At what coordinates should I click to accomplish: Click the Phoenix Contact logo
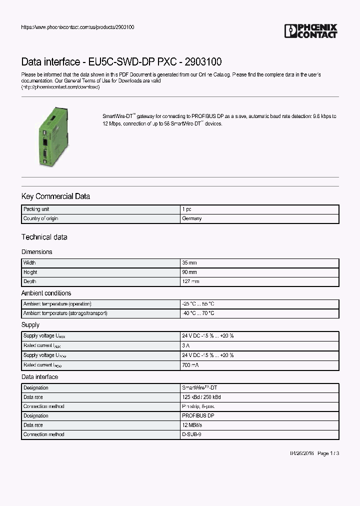[x=310, y=31]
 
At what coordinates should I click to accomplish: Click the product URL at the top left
[x=77, y=27]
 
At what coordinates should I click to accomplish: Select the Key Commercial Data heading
[x=55, y=196]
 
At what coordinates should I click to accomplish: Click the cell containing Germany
[x=192, y=219]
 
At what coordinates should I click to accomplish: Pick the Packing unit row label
[x=36, y=209]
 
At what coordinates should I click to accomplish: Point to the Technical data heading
[x=44, y=237]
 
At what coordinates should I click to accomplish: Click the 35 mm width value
[x=189, y=263]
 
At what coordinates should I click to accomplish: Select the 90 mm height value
[x=189, y=272]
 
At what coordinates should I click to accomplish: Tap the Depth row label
[x=29, y=281]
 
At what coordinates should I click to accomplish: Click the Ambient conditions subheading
[x=46, y=293]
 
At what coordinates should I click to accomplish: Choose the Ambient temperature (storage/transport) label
[x=65, y=313]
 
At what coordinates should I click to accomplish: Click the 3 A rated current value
[x=186, y=345]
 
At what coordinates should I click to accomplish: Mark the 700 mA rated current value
[x=190, y=365]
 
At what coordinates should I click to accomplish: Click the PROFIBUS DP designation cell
[x=198, y=415]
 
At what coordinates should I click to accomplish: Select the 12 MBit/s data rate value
[x=193, y=425]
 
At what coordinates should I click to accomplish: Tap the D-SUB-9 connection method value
[x=191, y=434]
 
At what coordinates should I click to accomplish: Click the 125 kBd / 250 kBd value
[x=201, y=397]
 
